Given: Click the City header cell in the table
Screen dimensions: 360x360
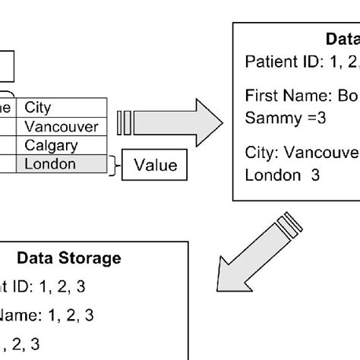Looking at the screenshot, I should coord(38,108).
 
